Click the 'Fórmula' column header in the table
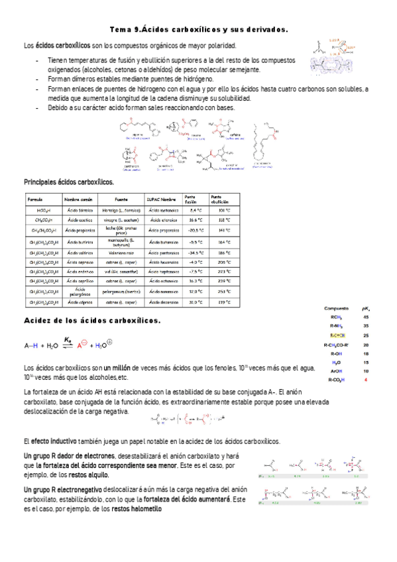[34, 199]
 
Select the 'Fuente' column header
[121, 199]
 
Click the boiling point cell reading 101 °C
[223, 211]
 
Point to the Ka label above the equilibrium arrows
[68, 339]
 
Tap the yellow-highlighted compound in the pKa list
[337, 335]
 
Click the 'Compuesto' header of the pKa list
[337, 308]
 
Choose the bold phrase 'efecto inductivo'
[54, 441]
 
